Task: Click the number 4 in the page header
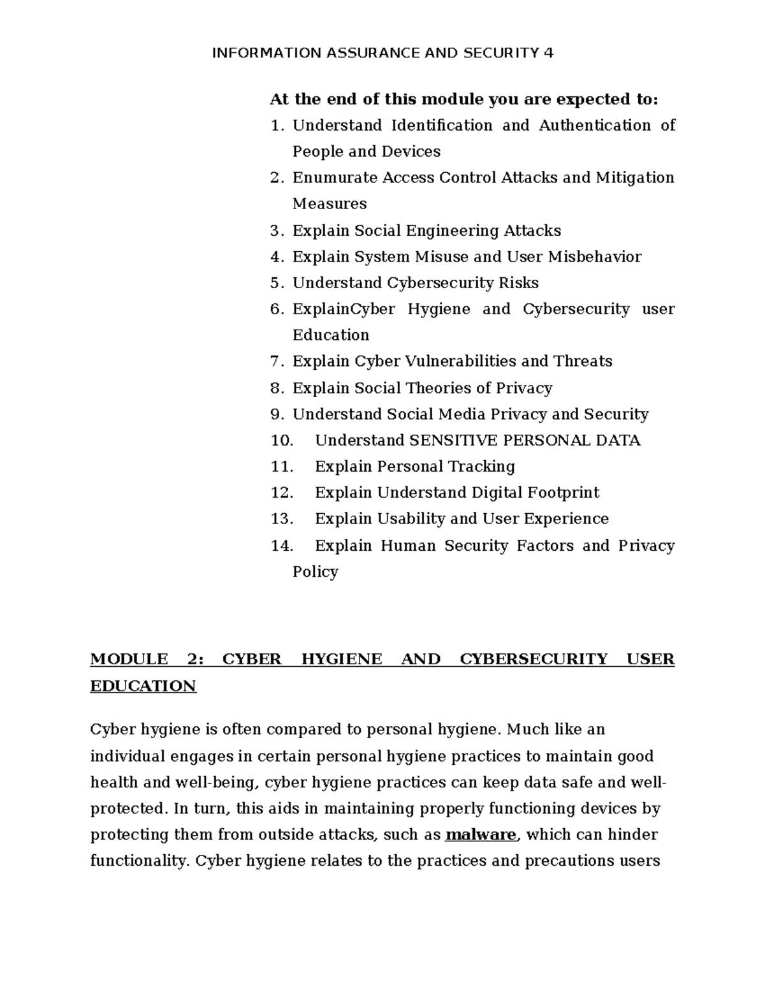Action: (x=548, y=53)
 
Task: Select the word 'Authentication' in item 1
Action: (x=595, y=126)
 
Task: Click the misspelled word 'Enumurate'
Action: (x=335, y=178)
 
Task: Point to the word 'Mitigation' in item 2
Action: (x=634, y=178)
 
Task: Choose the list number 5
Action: (x=275, y=283)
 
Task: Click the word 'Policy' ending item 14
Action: (x=315, y=572)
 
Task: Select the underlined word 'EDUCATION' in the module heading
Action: (x=143, y=687)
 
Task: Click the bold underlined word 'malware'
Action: (x=481, y=835)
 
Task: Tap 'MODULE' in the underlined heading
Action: (x=129, y=659)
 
